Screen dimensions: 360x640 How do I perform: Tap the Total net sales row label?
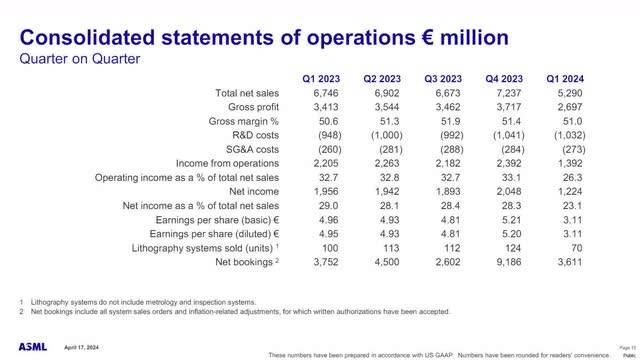pyautogui.click(x=248, y=93)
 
